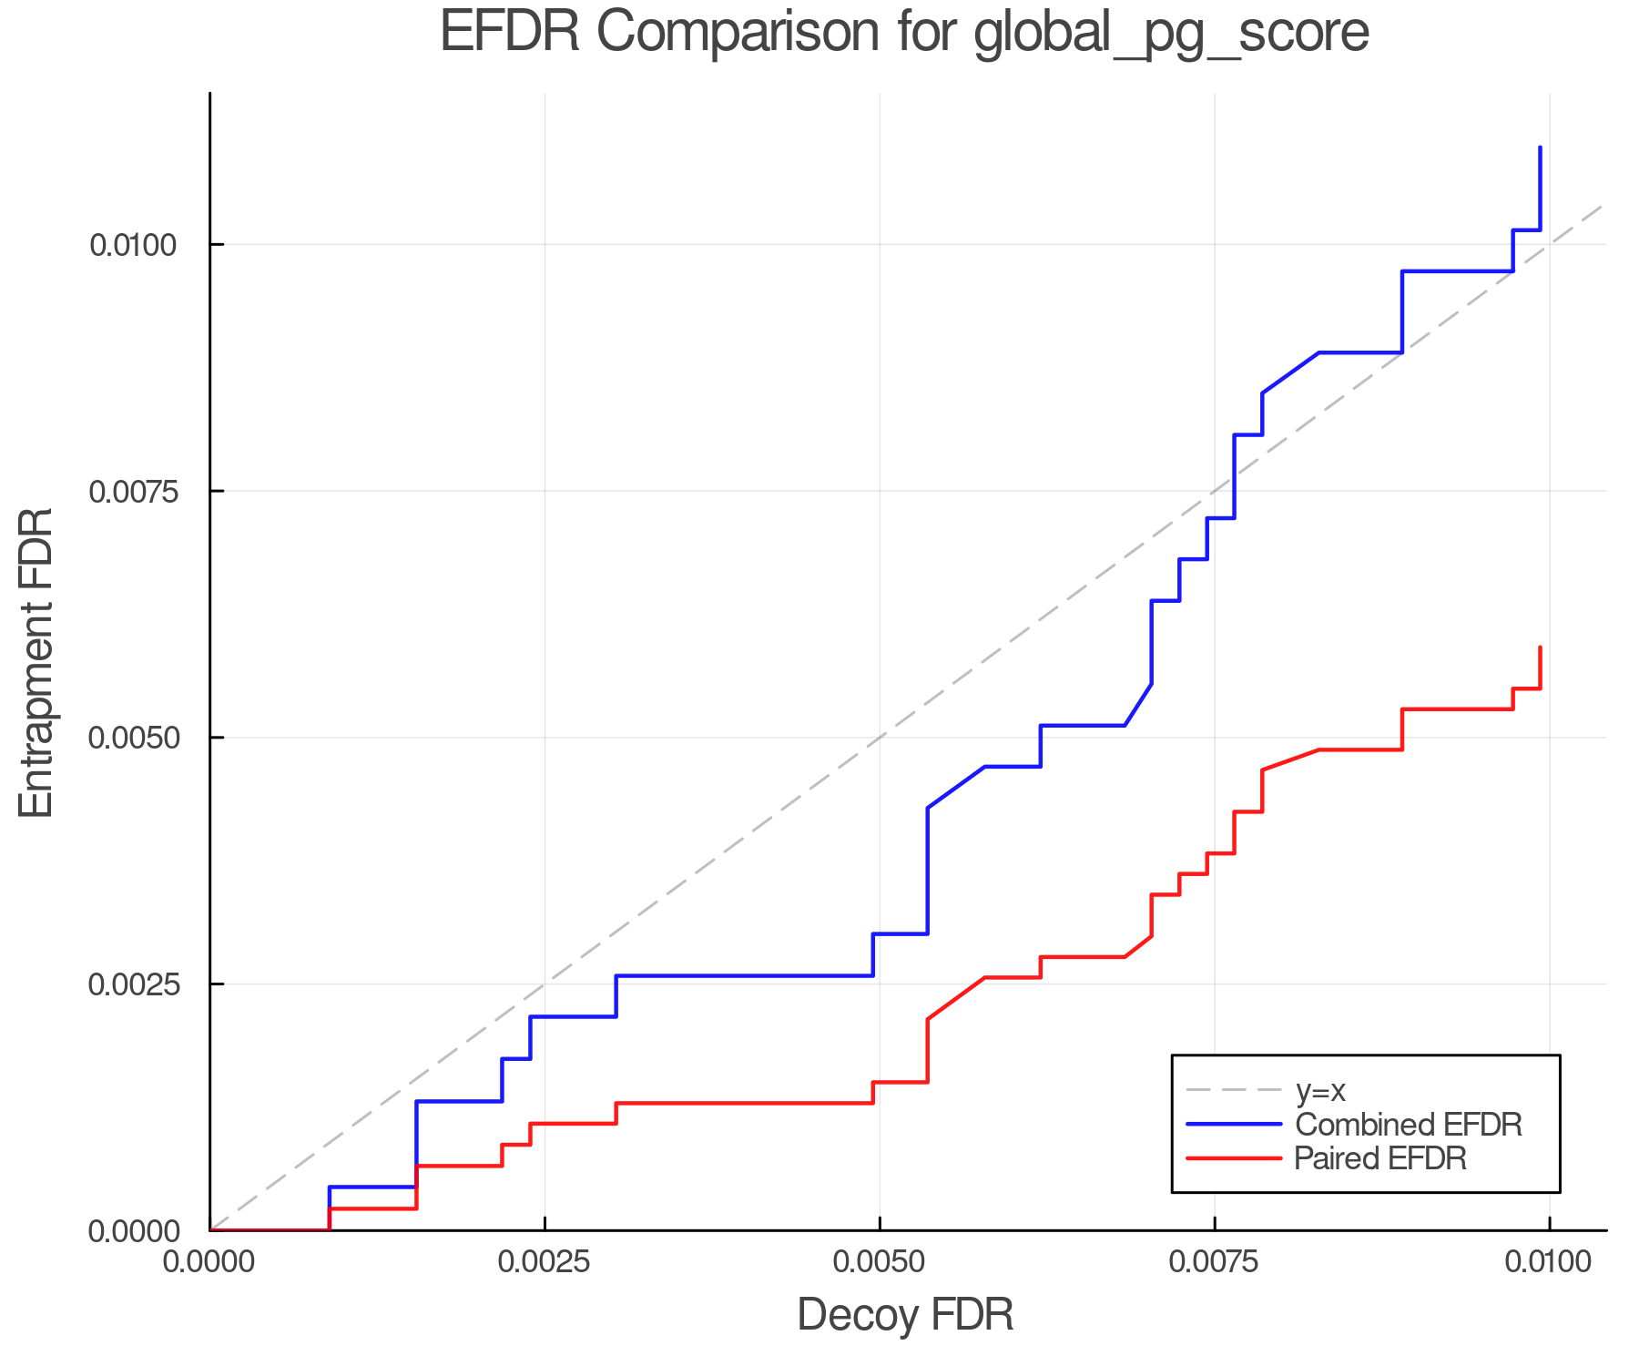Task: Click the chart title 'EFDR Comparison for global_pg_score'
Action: [904, 33]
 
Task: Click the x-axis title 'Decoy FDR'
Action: [905, 1315]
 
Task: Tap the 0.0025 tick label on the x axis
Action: [545, 1262]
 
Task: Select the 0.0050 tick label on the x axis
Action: [880, 1262]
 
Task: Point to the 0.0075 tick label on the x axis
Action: [1215, 1262]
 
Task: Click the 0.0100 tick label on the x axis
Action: [1549, 1262]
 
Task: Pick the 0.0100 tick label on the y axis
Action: [134, 245]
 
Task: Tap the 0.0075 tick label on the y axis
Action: [134, 491]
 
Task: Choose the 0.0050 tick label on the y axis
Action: [134, 738]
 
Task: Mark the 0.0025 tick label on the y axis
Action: [134, 984]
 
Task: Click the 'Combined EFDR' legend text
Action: [1408, 1125]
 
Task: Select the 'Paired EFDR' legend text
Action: [1380, 1158]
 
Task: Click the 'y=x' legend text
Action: [1320, 1090]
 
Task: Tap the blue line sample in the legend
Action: [1234, 1125]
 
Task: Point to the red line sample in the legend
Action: [1234, 1158]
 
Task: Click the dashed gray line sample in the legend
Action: [1234, 1090]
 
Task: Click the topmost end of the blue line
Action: [1540, 148]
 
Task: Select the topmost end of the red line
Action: [1540, 647]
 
